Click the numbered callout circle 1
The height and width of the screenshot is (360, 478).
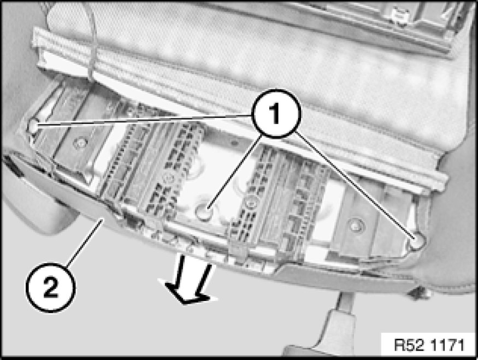pos(276,114)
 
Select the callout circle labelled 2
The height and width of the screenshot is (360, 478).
pos(51,287)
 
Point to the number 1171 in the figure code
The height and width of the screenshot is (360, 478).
pos(447,345)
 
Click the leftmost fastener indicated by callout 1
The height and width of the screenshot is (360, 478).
pos(33,125)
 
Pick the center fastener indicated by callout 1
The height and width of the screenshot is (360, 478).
pos(204,211)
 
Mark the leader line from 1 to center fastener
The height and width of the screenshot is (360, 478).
pos(234,173)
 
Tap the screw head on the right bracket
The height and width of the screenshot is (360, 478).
pos(355,225)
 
